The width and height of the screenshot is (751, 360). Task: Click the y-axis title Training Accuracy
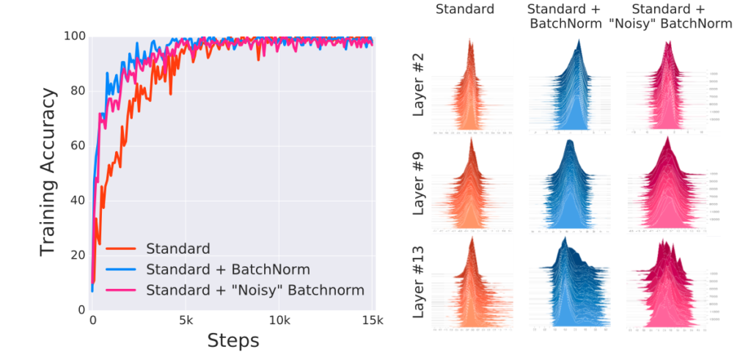(x=48, y=172)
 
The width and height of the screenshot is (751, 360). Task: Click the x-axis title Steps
(x=233, y=340)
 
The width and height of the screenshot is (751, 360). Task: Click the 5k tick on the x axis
(x=185, y=320)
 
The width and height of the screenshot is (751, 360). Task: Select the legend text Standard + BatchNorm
(x=219, y=268)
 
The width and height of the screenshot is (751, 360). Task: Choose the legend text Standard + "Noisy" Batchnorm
(x=254, y=290)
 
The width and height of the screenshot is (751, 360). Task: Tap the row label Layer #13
(x=419, y=283)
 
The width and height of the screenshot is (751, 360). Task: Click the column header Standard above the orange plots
(x=465, y=10)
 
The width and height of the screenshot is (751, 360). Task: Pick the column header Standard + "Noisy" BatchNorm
(x=670, y=16)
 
